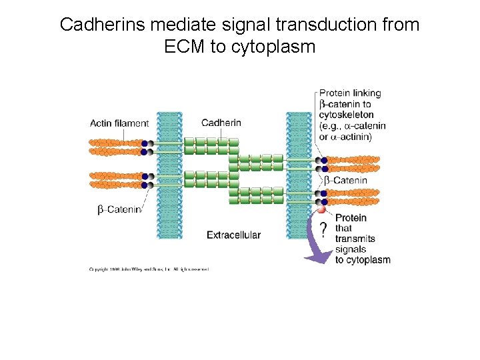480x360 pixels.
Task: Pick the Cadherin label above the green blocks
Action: point(221,123)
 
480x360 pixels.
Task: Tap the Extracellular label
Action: point(233,235)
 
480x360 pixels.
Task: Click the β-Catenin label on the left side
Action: point(120,209)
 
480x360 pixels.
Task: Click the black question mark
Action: point(323,231)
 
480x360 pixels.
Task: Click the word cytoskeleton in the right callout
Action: point(347,115)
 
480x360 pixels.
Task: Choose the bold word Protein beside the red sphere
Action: point(351,218)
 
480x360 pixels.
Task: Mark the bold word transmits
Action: point(355,239)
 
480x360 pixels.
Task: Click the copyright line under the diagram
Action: point(149,269)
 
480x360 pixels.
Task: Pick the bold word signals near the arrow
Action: point(351,249)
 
